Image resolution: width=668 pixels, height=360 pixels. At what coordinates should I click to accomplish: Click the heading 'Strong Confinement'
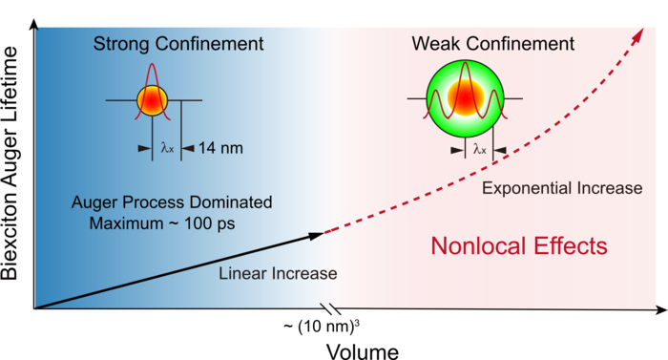click(x=178, y=44)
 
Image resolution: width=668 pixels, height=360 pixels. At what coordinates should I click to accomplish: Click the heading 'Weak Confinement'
click(x=492, y=44)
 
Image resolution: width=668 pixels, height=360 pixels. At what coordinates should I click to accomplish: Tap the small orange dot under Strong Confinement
click(x=152, y=99)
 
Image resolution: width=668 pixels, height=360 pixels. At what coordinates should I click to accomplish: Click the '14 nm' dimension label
click(x=217, y=148)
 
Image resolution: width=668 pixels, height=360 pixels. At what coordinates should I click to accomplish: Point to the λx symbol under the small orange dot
click(x=167, y=148)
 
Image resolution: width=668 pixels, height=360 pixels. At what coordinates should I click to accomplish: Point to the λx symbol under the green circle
click(x=479, y=148)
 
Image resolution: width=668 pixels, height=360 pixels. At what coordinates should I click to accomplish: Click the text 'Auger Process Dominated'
click(x=172, y=202)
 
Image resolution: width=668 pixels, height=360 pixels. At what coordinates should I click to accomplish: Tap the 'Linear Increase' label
click(x=278, y=274)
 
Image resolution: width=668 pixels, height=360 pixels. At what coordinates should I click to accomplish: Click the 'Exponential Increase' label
click(x=562, y=188)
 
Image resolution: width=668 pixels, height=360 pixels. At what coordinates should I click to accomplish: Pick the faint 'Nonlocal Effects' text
click(x=518, y=246)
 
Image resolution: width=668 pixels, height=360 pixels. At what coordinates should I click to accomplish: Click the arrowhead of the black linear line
click(x=317, y=234)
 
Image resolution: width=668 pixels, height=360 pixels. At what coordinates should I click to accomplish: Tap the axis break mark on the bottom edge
click(x=327, y=307)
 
